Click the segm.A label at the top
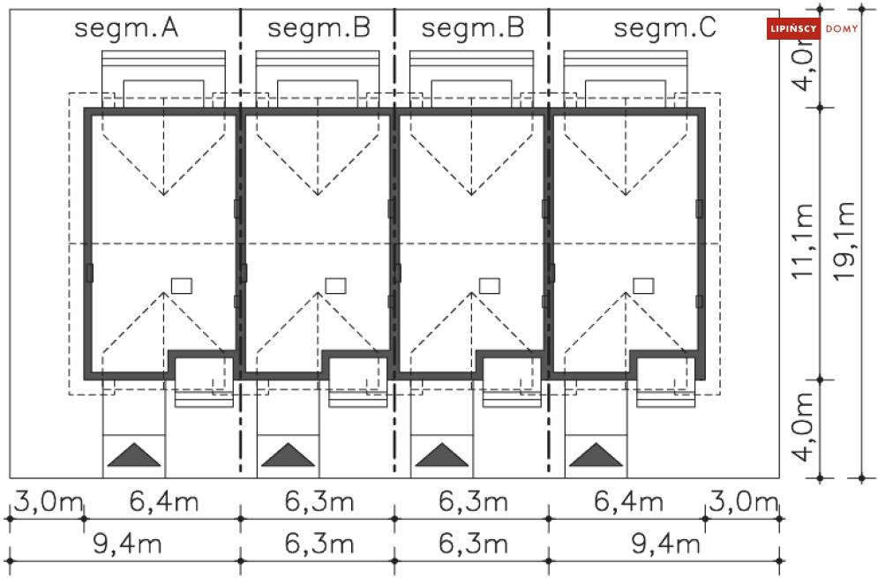[x=127, y=28]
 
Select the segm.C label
[x=665, y=28]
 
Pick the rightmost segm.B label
[x=473, y=28]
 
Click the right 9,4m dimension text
[x=665, y=544]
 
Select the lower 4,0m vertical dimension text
[x=804, y=430]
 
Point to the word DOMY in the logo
[x=842, y=29]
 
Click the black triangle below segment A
[x=134, y=455]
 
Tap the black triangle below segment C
[x=597, y=455]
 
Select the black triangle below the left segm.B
[x=288, y=455]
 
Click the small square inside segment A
[x=182, y=285]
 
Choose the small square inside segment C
[x=644, y=285]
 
